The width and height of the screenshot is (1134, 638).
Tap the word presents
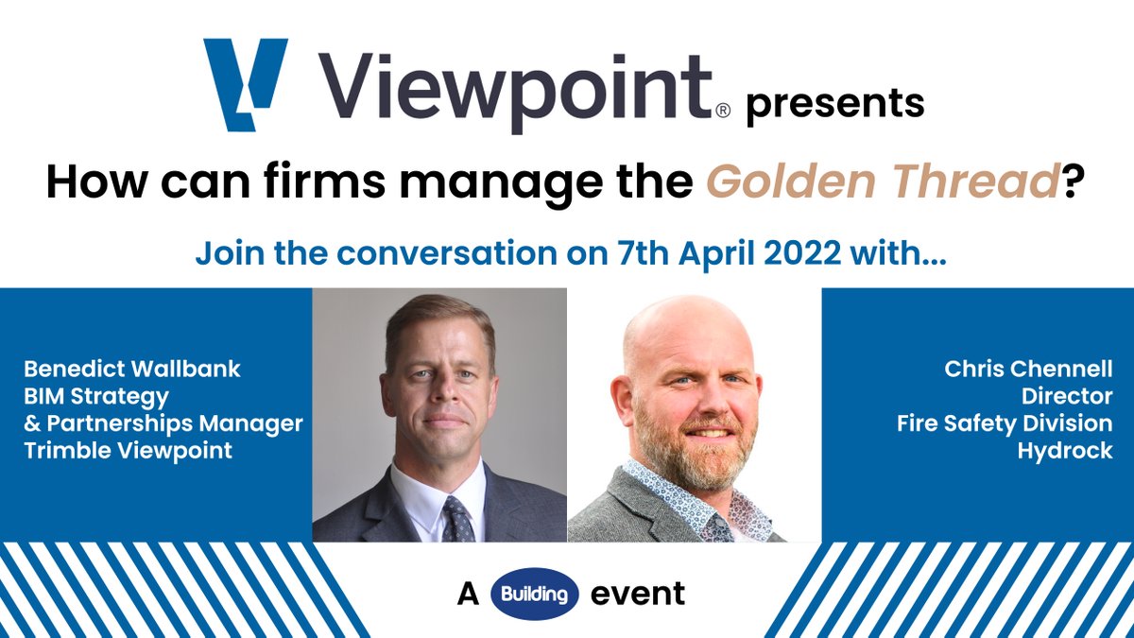point(834,102)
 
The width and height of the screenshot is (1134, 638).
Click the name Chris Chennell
point(1028,369)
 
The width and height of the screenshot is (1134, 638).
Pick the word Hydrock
point(1065,451)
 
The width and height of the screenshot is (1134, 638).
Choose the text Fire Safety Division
point(1005,423)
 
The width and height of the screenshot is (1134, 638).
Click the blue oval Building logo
point(535,595)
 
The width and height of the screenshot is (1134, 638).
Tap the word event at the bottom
point(637,595)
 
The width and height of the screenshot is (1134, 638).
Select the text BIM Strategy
point(94,396)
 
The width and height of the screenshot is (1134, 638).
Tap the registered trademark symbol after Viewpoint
point(723,111)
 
